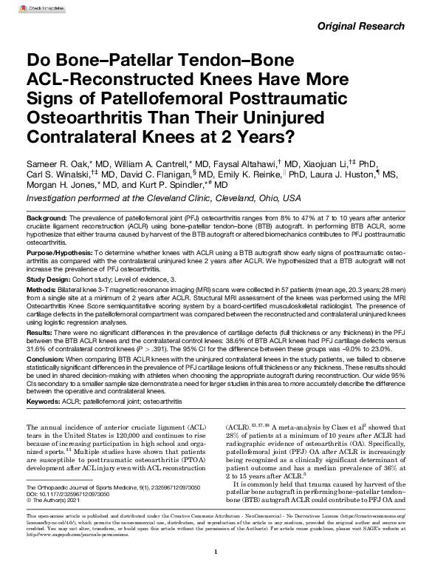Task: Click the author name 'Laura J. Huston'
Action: pos(355,173)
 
